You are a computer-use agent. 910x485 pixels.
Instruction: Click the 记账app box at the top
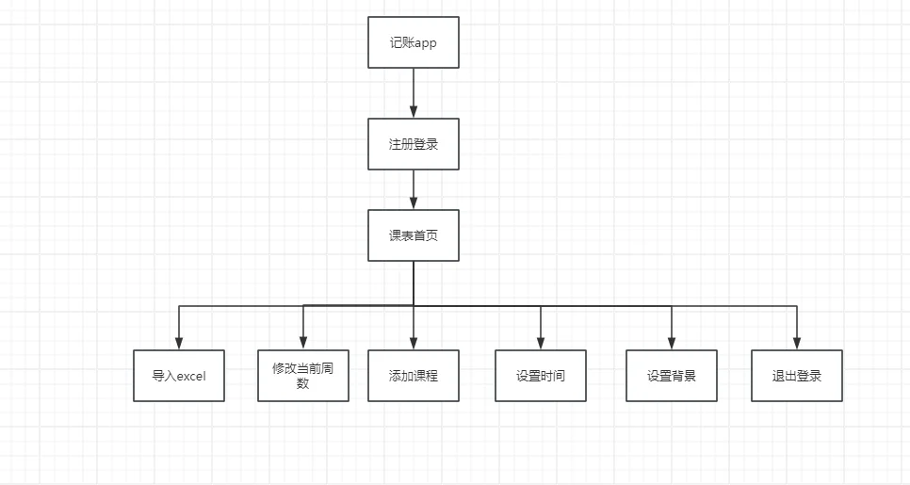coord(414,42)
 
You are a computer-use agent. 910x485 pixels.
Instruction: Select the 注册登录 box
coord(414,144)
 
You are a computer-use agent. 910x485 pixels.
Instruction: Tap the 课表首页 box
coord(414,235)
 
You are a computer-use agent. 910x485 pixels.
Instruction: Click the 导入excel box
coord(179,376)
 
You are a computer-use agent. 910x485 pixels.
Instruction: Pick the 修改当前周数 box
coord(302,376)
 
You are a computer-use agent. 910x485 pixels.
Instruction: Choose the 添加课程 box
coord(414,376)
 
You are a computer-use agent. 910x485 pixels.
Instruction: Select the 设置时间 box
coord(541,376)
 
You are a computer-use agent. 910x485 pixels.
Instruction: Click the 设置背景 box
coord(672,376)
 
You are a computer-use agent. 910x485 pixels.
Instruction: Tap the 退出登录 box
coord(797,376)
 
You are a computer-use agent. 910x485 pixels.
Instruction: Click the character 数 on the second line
coord(302,384)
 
